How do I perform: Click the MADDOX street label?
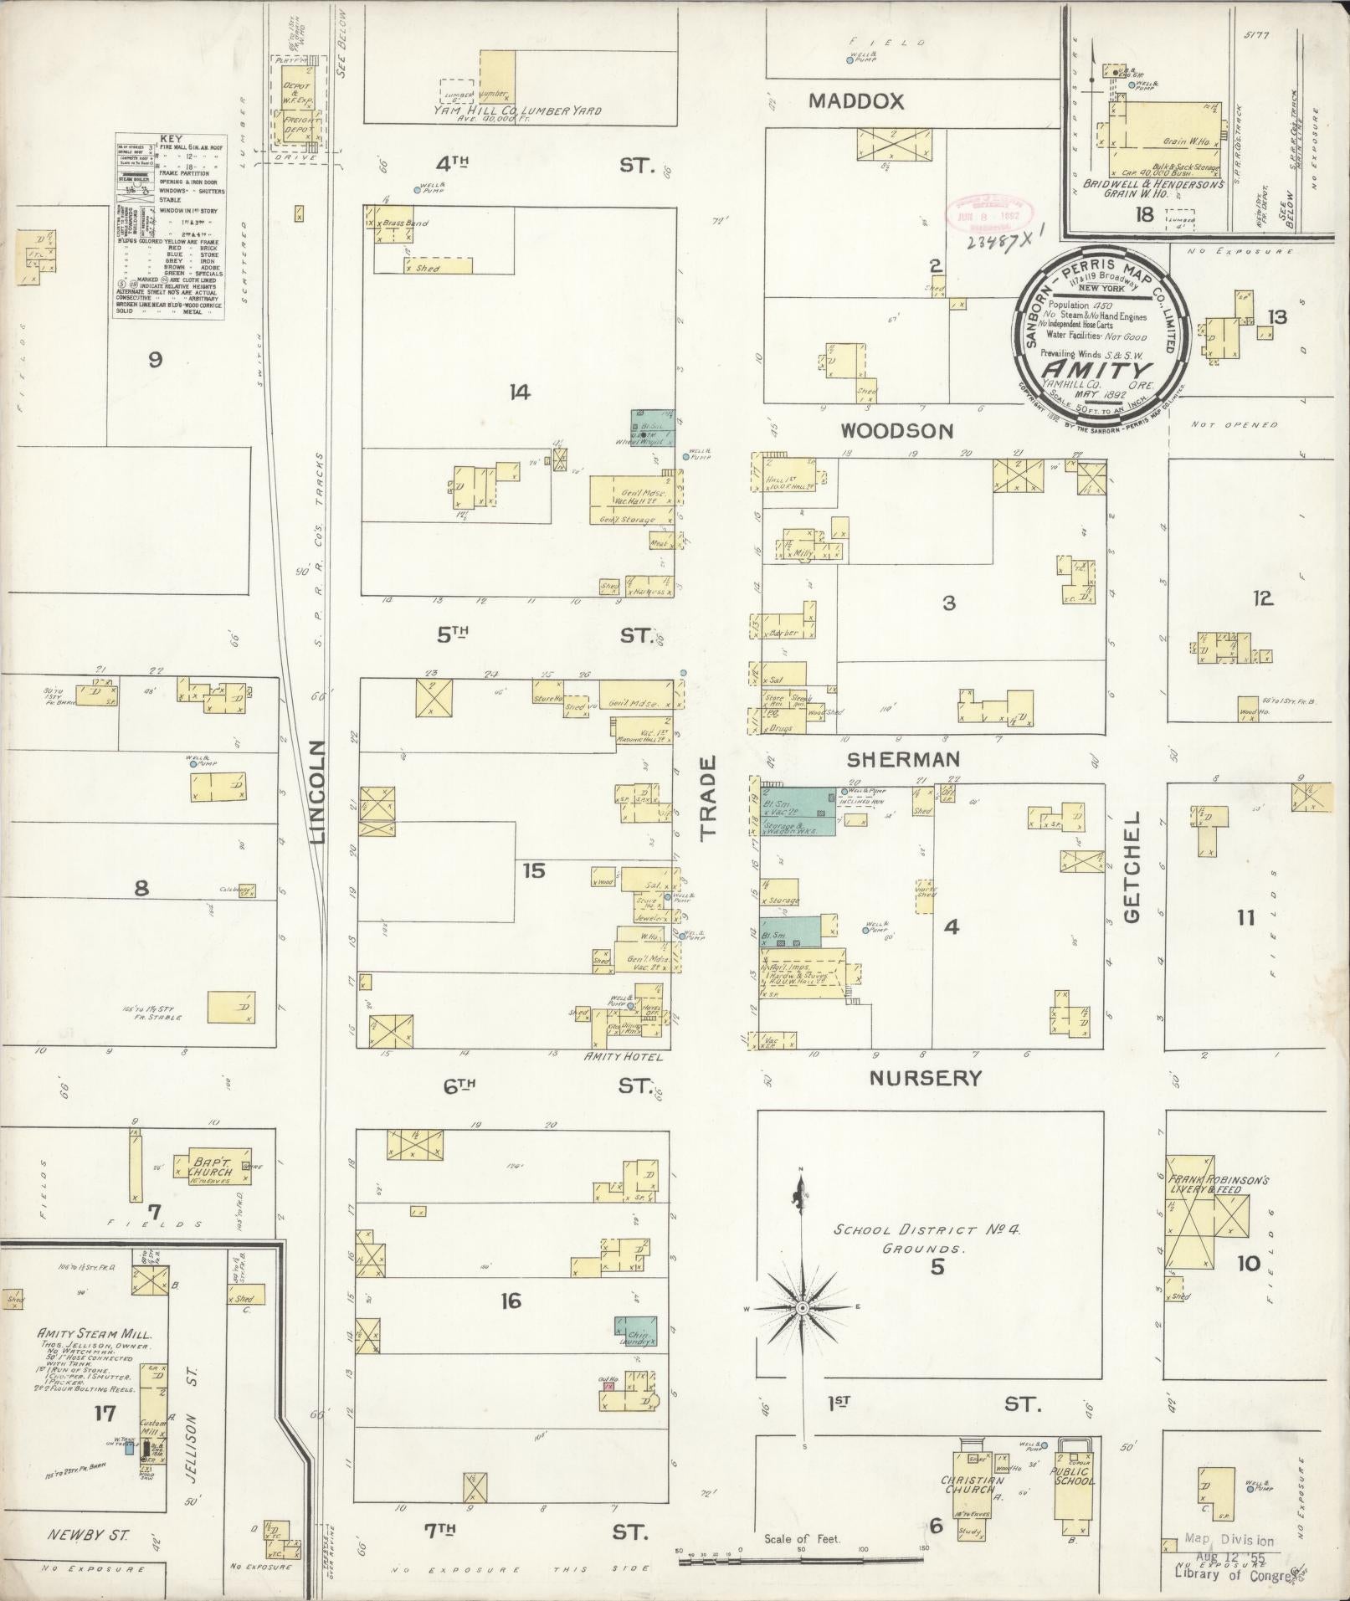(856, 101)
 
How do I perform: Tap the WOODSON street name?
(896, 431)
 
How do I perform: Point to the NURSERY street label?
(925, 1078)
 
